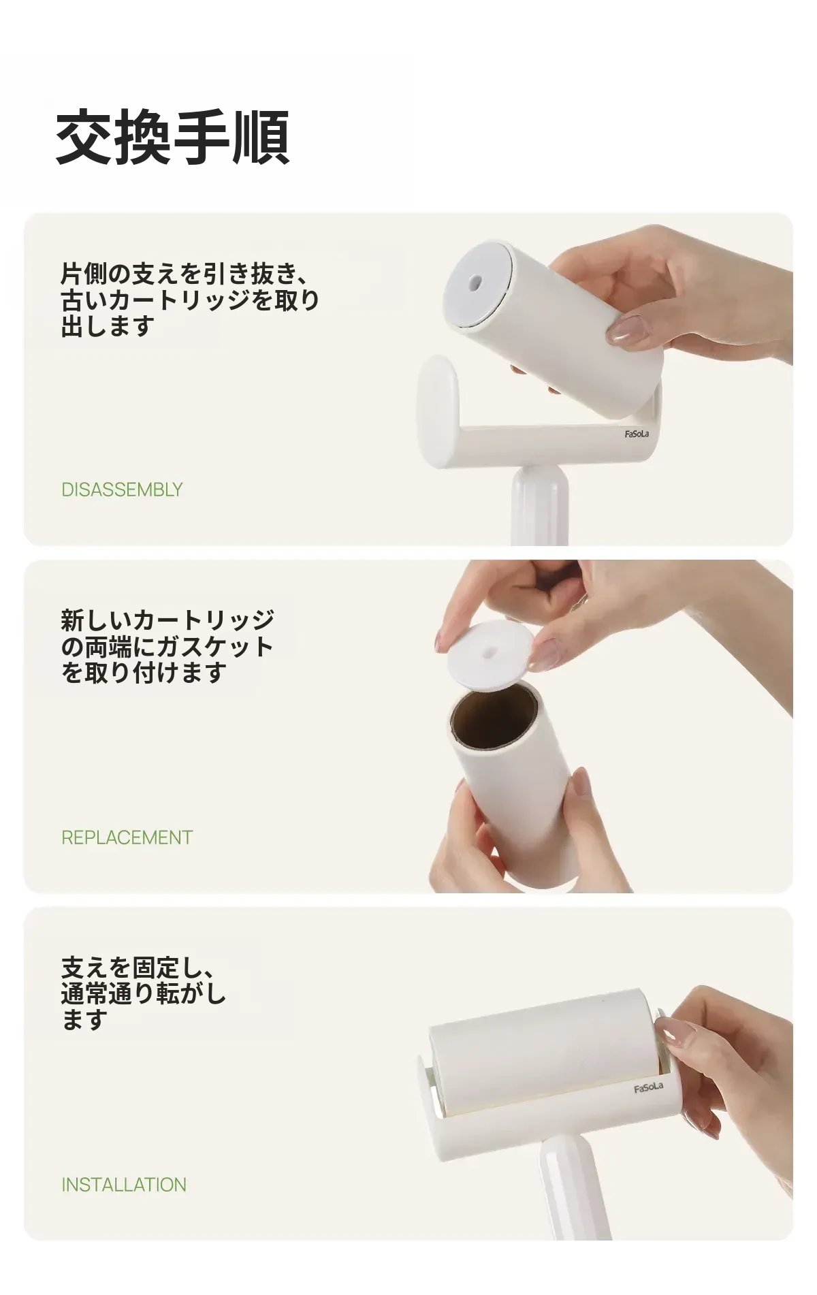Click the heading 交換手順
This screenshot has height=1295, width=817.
[173, 137]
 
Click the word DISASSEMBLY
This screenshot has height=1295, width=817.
[122, 490]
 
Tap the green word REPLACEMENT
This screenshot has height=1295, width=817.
[127, 837]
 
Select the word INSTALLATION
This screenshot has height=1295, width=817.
[124, 1185]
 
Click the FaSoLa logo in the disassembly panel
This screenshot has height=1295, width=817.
[637, 434]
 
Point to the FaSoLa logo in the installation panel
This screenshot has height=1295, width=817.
[648, 1087]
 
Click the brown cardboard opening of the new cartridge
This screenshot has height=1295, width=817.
[494, 718]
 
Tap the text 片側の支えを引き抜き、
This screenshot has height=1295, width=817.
[185, 274]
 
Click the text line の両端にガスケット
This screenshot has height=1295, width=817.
[167, 647]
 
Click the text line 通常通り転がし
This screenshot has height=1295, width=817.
[143, 993]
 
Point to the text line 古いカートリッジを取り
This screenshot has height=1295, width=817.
[190, 300]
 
